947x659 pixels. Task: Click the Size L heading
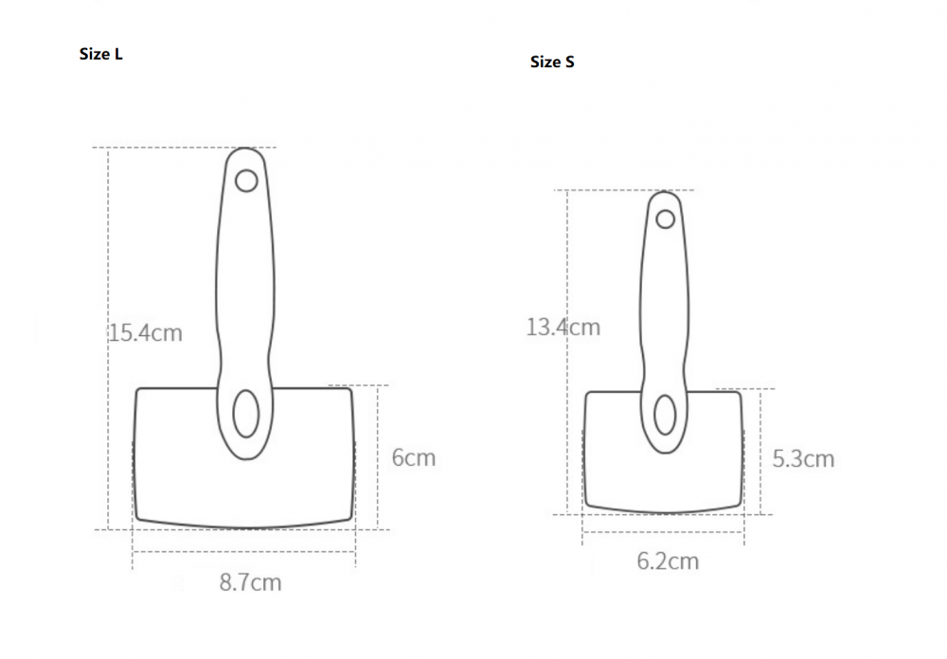click(101, 54)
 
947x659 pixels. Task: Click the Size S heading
click(552, 62)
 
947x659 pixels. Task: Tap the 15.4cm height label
click(146, 333)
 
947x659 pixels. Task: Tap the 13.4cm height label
click(563, 328)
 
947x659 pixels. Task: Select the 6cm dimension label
click(414, 457)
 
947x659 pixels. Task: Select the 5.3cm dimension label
click(803, 459)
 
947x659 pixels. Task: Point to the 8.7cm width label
click(251, 583)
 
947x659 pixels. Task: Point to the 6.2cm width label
click(668, 561)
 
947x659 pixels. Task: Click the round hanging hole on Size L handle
click(246, 181)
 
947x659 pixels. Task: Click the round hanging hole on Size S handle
click(666, 219)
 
